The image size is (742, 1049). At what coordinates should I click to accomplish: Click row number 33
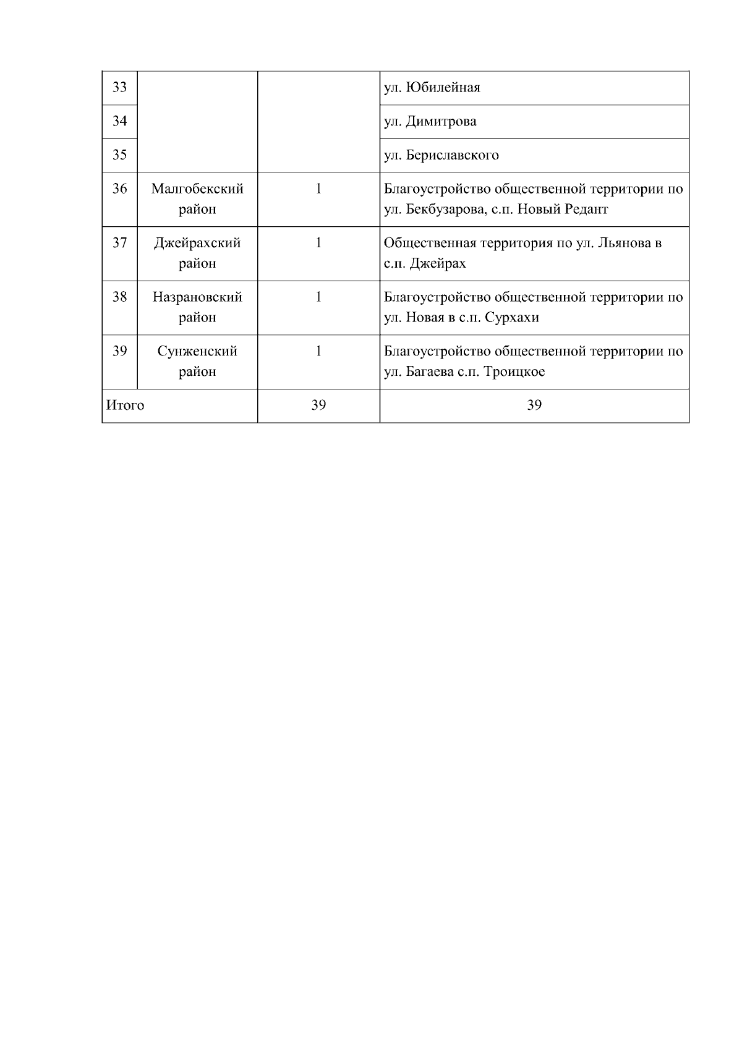[x=119, y=87]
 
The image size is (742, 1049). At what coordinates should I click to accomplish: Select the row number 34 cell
[x=119, y=121]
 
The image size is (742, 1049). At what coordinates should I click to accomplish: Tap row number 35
[x=119, y=155]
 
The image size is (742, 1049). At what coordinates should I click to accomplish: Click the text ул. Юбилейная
[x=432, y=88]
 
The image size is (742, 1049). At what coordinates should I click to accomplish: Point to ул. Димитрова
[x=430, y=121]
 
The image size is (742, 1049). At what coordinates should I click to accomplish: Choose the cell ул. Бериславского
[x=441, y=155]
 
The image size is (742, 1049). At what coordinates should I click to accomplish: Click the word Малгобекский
[x=197, y=189]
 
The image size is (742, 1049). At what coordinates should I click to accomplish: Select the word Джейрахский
[x=197, y=243]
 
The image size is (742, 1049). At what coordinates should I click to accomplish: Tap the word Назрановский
[x=197, y=297]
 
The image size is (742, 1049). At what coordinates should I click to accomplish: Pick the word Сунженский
[x=197, y=351]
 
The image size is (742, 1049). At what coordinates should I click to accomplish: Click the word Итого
[x=126, y=406]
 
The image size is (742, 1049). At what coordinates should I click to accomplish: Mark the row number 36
[x=119, y=189]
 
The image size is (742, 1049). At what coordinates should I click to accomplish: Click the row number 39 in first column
[x=119, y=351]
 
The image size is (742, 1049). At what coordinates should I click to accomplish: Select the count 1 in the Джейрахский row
[x=318, y=243]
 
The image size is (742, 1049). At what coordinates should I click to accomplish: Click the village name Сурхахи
[x=512, y=318]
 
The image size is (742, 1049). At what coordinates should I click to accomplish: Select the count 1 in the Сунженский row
[x=318, y=351]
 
